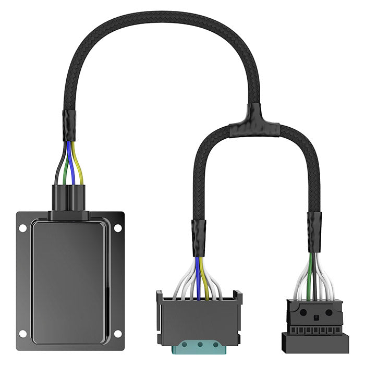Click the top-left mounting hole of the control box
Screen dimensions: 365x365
[22, 228]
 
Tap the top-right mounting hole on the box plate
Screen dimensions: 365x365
[118, 228]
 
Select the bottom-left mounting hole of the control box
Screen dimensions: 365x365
[22, 334]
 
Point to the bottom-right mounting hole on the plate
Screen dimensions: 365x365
[118, 334]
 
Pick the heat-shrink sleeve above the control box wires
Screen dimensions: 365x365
[69, 125]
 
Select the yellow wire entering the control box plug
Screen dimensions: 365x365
[79, 167]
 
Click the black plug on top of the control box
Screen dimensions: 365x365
[69, 200]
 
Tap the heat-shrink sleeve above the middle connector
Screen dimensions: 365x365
[199, 237]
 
